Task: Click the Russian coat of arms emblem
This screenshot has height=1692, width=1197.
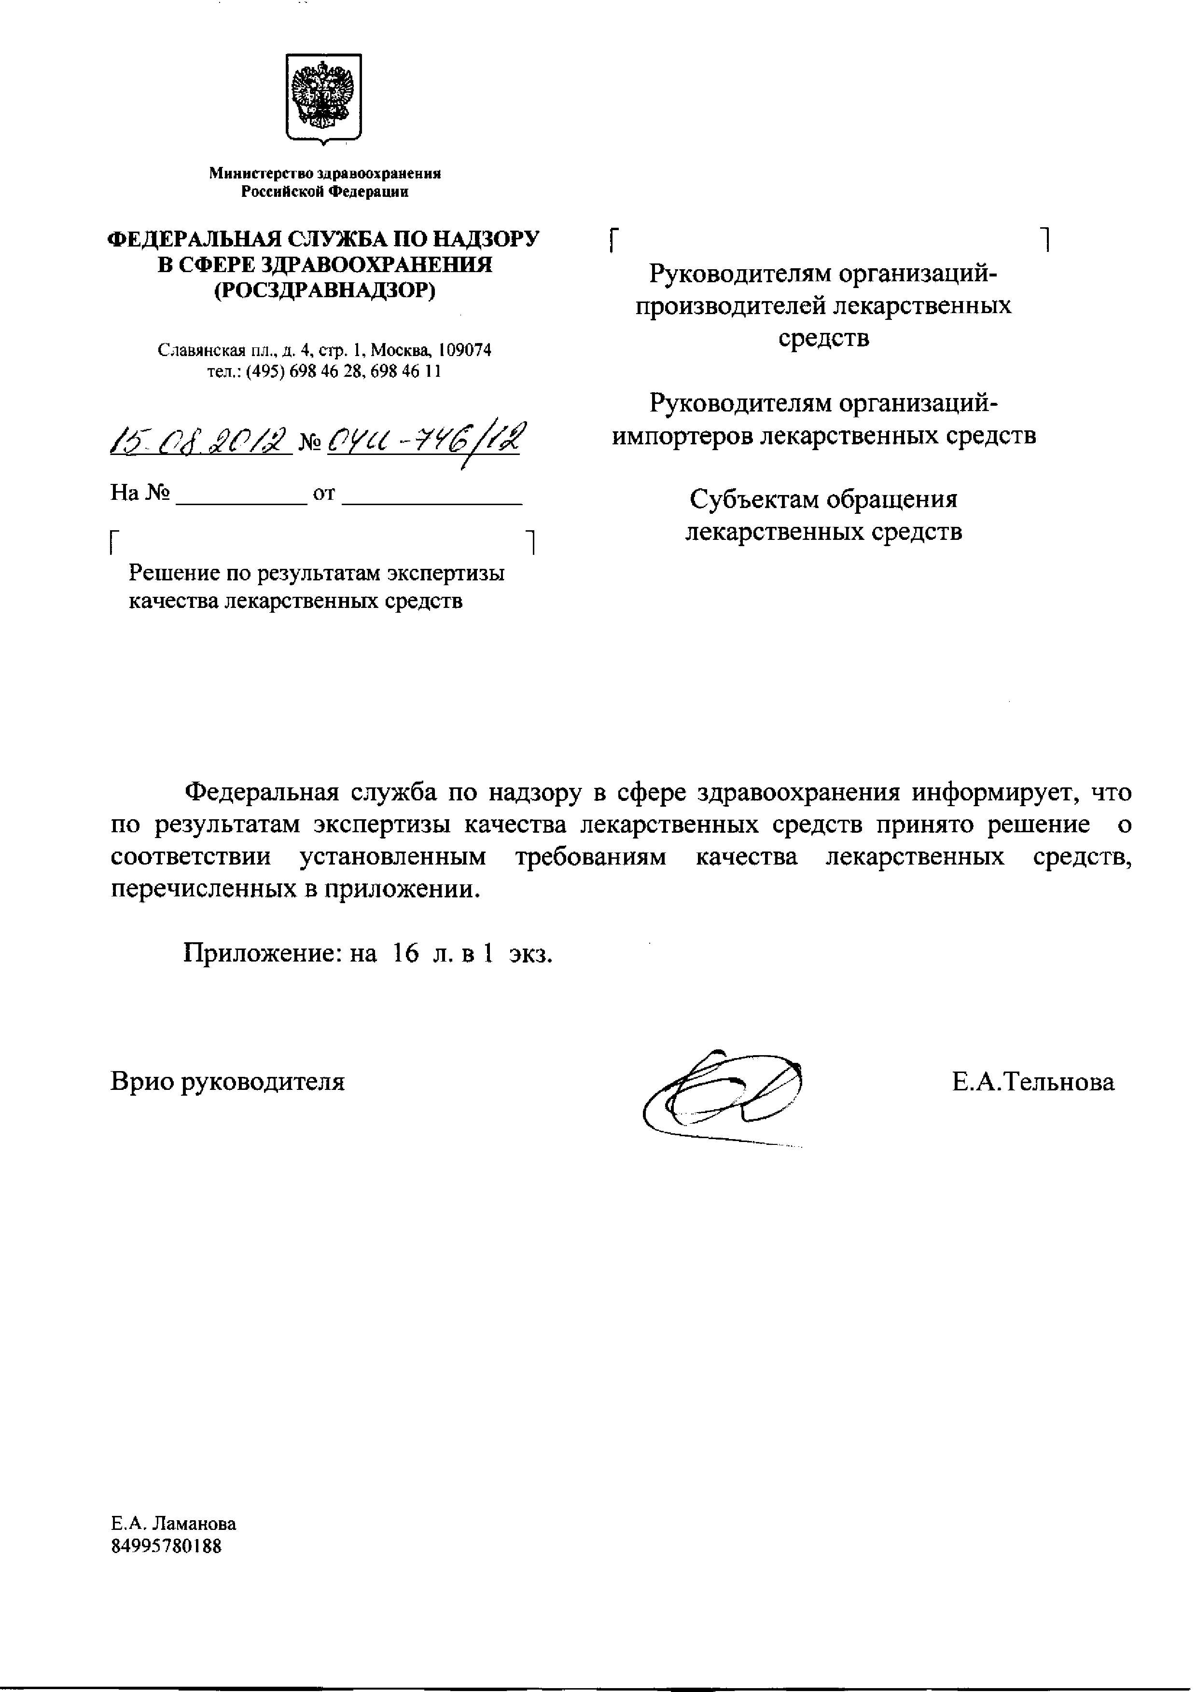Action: point(323,96)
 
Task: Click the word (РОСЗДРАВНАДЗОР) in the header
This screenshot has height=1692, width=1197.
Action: point(324,291)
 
